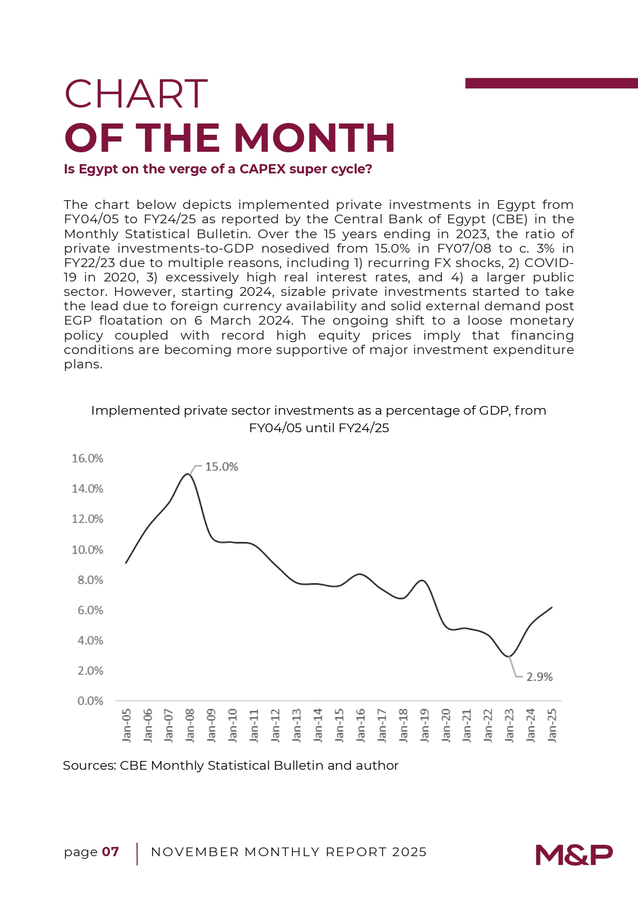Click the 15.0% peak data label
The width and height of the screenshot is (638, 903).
pos(222,467)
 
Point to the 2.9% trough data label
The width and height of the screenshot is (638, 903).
pos(539,677)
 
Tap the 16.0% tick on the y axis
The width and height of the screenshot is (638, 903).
pos(87,458)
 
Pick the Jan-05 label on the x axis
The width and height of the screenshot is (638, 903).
pos(126,725)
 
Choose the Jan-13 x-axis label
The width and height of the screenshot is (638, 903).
pos(297,725)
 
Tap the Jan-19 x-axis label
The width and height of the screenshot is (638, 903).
pos(424,725)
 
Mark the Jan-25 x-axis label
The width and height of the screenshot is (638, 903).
pos(552,725)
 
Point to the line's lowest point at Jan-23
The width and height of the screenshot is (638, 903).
pos(509,657)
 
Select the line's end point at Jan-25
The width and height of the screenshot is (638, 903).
pos(552,607)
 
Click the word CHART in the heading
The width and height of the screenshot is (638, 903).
pos(136,94)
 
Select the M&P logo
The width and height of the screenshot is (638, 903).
pos(574,855)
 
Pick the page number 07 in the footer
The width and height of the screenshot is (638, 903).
pos(111,852)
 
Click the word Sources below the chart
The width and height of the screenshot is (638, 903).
pos(88,766)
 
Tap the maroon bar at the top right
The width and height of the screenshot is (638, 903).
pos(551,83)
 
